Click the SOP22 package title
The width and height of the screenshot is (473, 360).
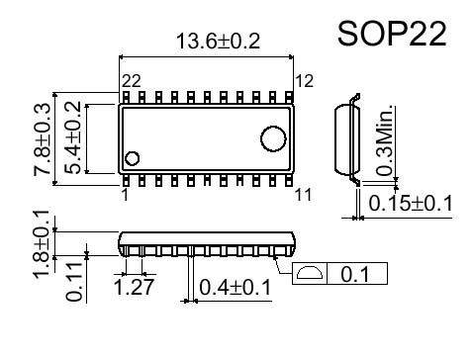coord(392,34)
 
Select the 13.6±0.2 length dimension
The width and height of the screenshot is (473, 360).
coord(218,42)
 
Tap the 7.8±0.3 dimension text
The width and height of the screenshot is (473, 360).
coord(43,138)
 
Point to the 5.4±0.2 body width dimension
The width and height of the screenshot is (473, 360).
coord(72,137)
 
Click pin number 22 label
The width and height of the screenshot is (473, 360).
coord(132,81)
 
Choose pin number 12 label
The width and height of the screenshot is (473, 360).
coord(304,81)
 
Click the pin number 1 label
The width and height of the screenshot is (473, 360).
coord(125,195)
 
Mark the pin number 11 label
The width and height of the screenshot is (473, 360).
coord(303,195)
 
